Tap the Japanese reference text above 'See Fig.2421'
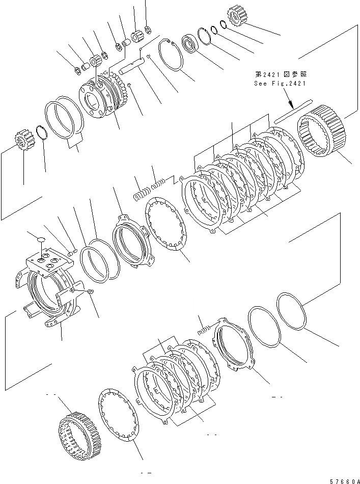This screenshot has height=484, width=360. [280, 74]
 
